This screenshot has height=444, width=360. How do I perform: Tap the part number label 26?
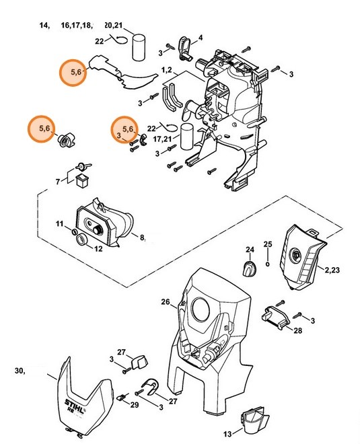pos(166,302)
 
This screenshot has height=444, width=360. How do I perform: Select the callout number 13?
pos(227,433)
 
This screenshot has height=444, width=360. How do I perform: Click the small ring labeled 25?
pos(268,264)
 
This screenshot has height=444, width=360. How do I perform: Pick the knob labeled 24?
pos(250,268)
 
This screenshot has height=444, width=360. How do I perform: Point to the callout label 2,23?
pos(332,270)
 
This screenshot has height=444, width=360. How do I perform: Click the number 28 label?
pos(297,330)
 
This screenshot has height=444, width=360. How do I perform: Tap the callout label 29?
pos(135,405)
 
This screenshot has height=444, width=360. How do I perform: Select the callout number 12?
pos(98,249)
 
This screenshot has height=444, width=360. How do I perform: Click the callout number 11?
pos(59,224)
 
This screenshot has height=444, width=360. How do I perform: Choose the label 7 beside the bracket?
pos(58,182)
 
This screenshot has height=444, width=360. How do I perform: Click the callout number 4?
pos(201,38)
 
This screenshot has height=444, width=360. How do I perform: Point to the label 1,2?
pos(167,70)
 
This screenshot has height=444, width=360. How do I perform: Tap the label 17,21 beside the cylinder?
pos(162,139)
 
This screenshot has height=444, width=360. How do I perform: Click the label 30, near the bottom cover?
pos(20,371)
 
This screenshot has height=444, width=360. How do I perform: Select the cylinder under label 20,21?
pos(139,47)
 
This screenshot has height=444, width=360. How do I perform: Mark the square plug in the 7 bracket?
pos(82,180)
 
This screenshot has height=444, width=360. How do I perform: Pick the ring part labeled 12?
pos(82,239)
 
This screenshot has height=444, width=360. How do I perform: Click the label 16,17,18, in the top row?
pos(77,26)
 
